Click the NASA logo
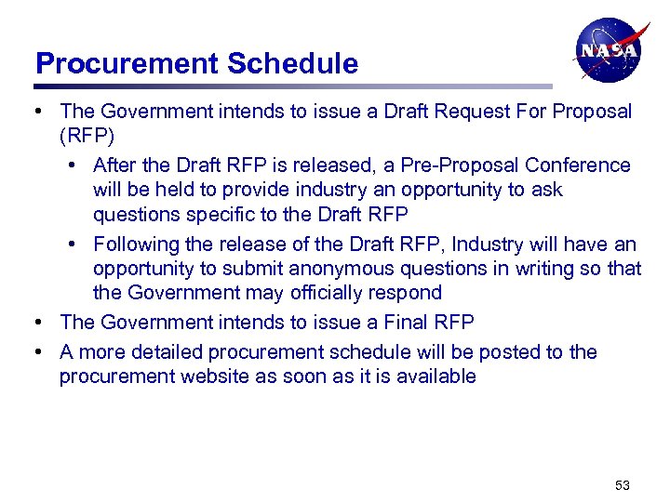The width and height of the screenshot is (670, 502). pos(609,50)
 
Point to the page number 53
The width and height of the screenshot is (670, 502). pos(623,485)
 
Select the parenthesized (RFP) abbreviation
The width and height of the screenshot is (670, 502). pos(87,138)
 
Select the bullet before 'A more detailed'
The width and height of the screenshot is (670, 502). pos(39,352)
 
